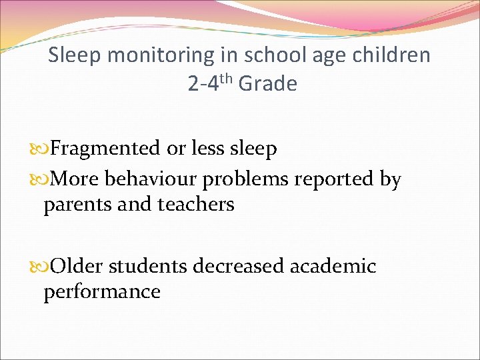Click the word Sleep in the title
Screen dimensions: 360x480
click(74, 55)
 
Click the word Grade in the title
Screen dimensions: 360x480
click(267, 84)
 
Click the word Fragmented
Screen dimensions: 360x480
click(105, 149)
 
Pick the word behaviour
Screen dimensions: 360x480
click(152, 179)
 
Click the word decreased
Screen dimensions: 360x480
click(238, 266)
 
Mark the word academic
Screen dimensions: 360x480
click(333, 266)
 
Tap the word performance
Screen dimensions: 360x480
click(102, 291)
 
